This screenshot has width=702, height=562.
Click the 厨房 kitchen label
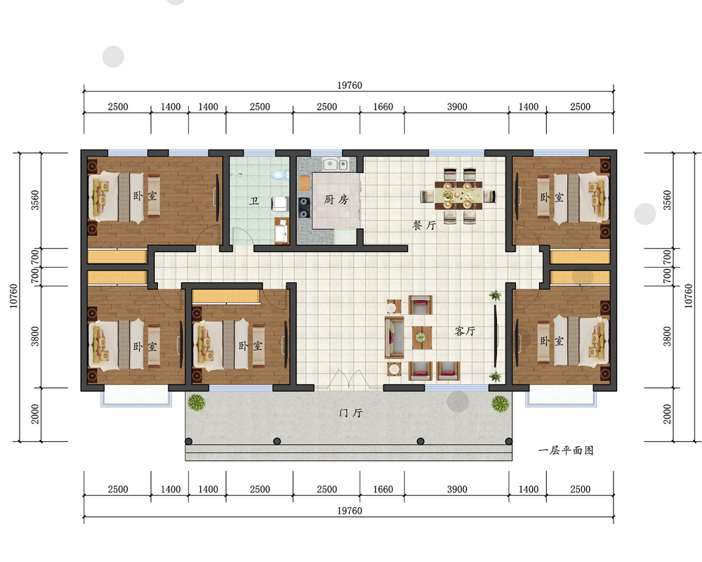(x=336, y=200)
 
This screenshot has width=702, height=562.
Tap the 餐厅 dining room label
(x=424, y=225)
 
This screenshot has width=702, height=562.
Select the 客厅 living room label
(x=465, y=331)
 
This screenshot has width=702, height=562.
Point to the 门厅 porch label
(x=350, y=412)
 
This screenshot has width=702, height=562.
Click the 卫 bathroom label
(x=254, y=200)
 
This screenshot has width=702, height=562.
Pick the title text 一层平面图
(x=566, y=450)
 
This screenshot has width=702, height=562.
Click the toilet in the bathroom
(x=280, y=174)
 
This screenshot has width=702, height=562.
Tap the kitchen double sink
(x=336, y=164)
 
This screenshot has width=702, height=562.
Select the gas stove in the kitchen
(x=304, y=207)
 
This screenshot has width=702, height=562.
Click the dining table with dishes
(x=458, y=195)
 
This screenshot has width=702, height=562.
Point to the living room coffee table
(x=421, y=337)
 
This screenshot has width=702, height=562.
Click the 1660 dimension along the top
(x=383, y=107)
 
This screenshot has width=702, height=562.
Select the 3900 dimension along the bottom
(x=457, y=489)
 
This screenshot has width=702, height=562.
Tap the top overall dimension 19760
(x=349, y=85)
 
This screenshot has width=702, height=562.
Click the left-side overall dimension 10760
(x=14, y=296)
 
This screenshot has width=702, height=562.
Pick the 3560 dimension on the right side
(x=667, y=200)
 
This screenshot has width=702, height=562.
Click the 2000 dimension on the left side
(x=35, y=414)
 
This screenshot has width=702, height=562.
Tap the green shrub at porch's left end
(x=196, y=402)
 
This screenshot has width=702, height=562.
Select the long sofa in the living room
(x=394, y=337)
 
